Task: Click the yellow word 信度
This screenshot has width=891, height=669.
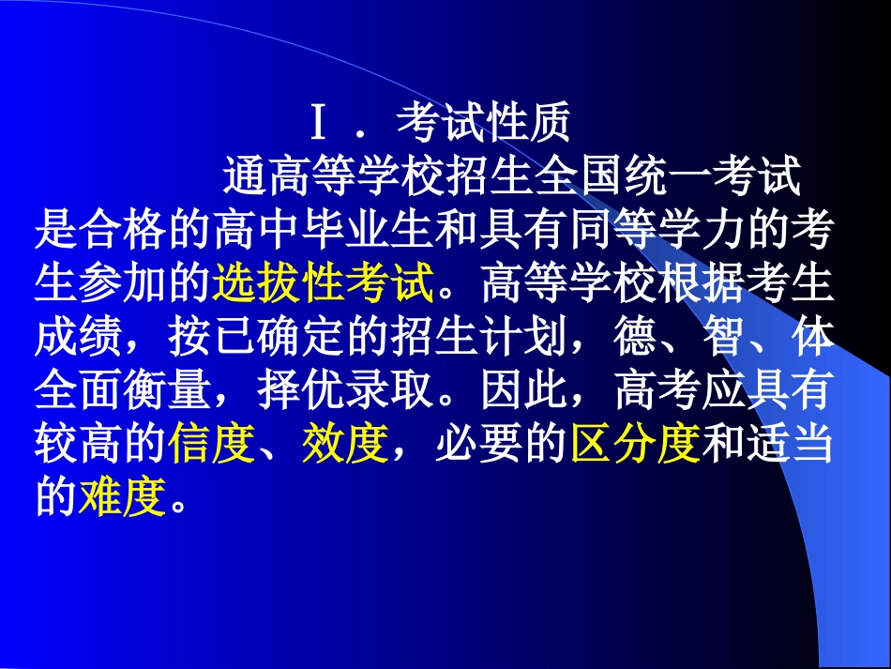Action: [212, 445]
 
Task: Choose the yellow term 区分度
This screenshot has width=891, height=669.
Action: [636, 445]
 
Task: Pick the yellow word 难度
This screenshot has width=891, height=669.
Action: [123, 498]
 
